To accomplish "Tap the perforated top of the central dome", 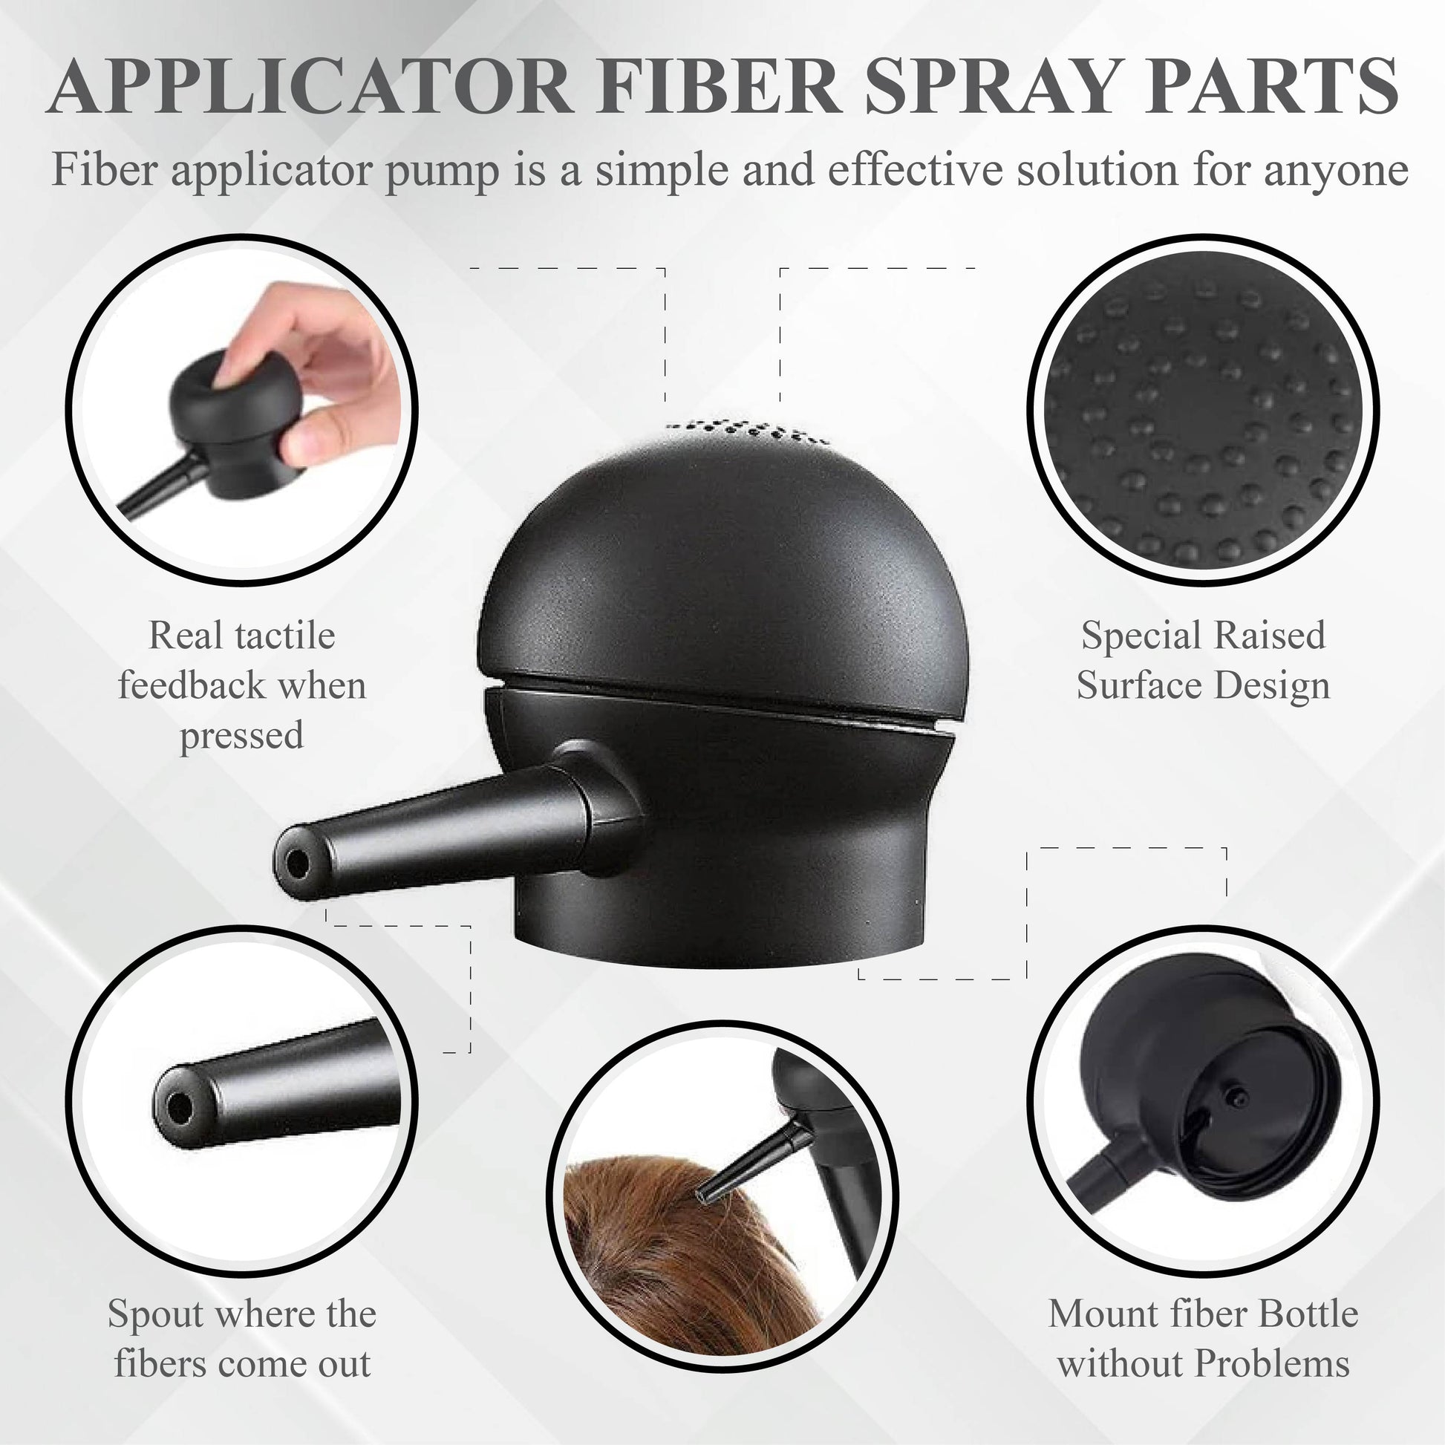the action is tap(747, 431).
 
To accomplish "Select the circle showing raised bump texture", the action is tap(1203, 411).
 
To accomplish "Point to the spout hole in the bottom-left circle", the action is tap(178, 1106).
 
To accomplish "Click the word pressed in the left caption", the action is tap(241, 736).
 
